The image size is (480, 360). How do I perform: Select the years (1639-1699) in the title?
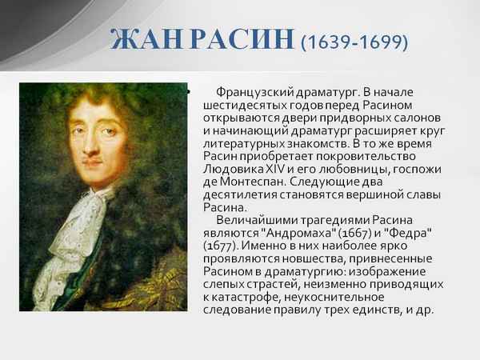click(354, 40)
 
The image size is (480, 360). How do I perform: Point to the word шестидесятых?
click(233, 106)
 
